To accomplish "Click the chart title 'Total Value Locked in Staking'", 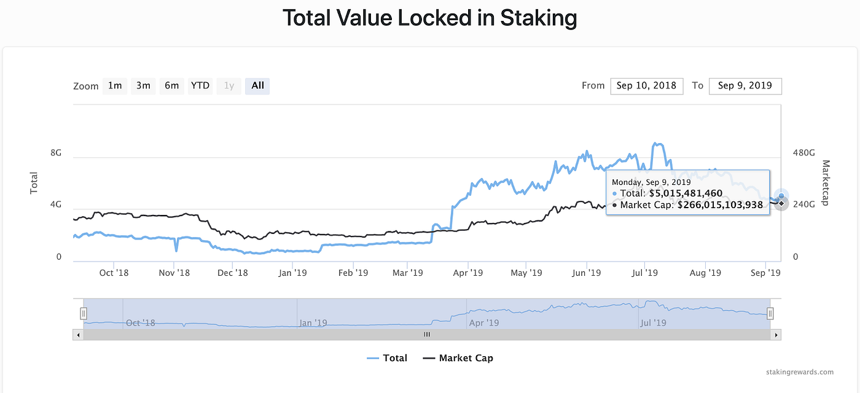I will point(429,18).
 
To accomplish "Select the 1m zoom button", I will point(115,86).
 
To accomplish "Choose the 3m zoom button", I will point(143,86).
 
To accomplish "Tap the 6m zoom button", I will point(171,86).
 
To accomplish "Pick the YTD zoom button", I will point(200,86).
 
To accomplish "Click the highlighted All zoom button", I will point(257,86).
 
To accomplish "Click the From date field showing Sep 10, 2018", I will point(647,86).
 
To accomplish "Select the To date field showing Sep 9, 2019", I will point(745,86).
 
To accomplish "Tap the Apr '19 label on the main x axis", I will point(468,272).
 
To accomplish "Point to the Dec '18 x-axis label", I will point(233,272).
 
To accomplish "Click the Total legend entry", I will point(387,358).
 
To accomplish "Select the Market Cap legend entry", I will point(458,358).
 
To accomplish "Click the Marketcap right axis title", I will point(826,183).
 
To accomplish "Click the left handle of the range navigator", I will point(83,314).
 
